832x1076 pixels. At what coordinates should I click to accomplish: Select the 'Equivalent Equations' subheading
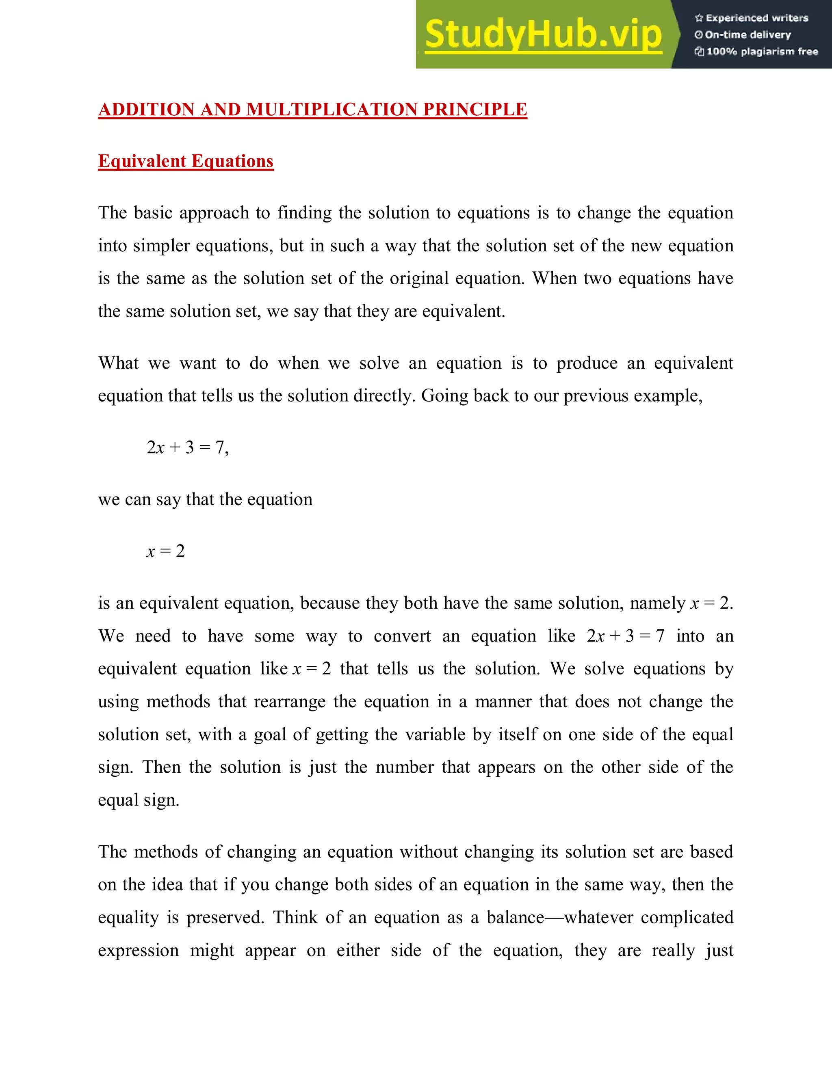click(186, 161)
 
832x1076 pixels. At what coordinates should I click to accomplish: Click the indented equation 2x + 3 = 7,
click(187, 447)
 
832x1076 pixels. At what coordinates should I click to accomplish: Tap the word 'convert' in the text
click(402, 636)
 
